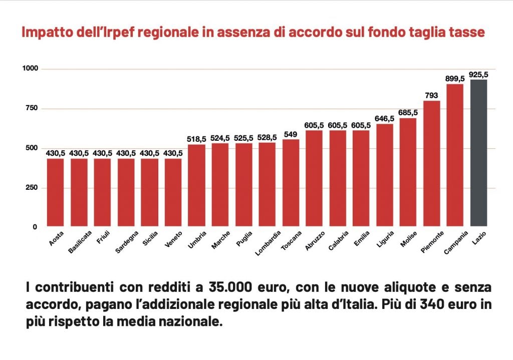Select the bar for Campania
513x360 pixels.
[x=455, y=155]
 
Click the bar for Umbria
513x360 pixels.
[x=196, y=185]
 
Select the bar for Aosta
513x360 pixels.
[x=55, y=192]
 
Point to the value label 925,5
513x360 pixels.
[x=478, y=75]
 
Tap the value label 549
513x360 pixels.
[x=291, y=134]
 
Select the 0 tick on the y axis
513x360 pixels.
[x=35, y=227]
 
